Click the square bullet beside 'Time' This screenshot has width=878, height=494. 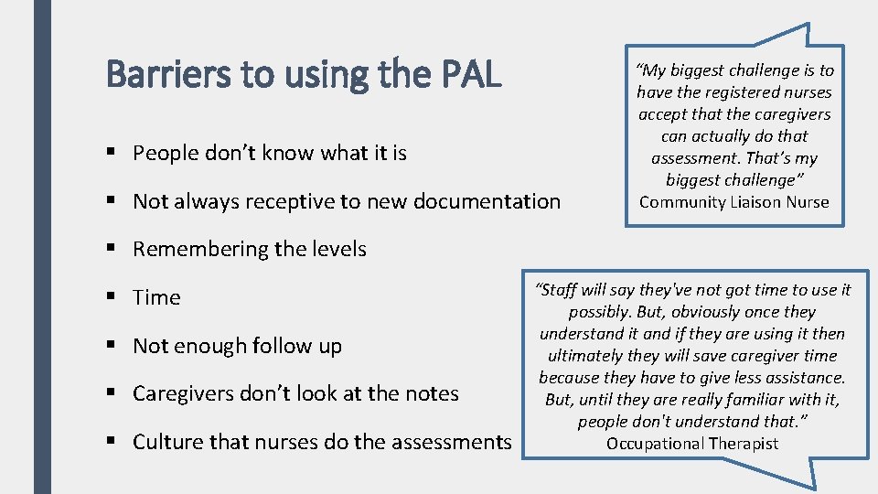tap(112, 297)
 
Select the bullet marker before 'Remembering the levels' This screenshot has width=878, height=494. tap(112, 249)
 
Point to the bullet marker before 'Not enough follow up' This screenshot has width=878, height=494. tap(112, 346)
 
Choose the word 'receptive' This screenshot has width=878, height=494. tap(281, 201)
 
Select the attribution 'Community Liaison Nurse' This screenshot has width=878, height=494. tap(734, 202)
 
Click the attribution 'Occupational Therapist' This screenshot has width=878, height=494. tap(692, 444)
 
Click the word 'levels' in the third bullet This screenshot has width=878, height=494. tap(337, 249)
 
